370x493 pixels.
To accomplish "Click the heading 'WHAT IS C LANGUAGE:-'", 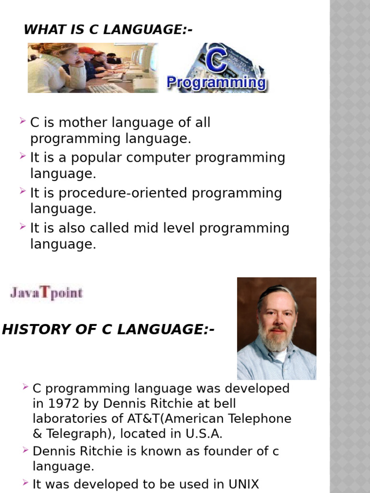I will tap(108, 30).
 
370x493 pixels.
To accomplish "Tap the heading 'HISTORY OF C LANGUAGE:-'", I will tap(108, 330).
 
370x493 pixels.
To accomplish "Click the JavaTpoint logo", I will tap(46, 293).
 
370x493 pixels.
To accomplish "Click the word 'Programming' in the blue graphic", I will tap(216, 83).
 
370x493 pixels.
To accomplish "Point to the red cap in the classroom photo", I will tap(87, 50).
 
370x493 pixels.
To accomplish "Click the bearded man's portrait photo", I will tap(277, 328).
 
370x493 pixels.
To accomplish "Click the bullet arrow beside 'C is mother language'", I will tap(23, 122).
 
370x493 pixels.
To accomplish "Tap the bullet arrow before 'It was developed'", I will tap(26, 483).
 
